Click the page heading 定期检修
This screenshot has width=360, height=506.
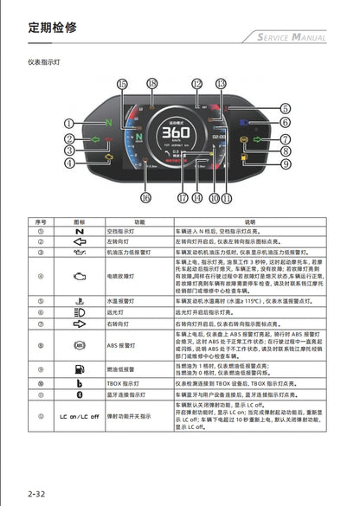tap(51, 28)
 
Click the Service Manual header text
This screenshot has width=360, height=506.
tap(293, 37)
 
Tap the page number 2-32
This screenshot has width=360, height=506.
tap(35, 494)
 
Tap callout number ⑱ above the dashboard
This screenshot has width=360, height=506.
tap(152, 84)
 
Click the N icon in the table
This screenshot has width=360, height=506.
tap(80, 233)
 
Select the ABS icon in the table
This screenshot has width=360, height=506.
tap(80, 344)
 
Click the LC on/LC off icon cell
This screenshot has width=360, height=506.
tap(80, 415)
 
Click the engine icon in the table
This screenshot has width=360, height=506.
tap(80, 277)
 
